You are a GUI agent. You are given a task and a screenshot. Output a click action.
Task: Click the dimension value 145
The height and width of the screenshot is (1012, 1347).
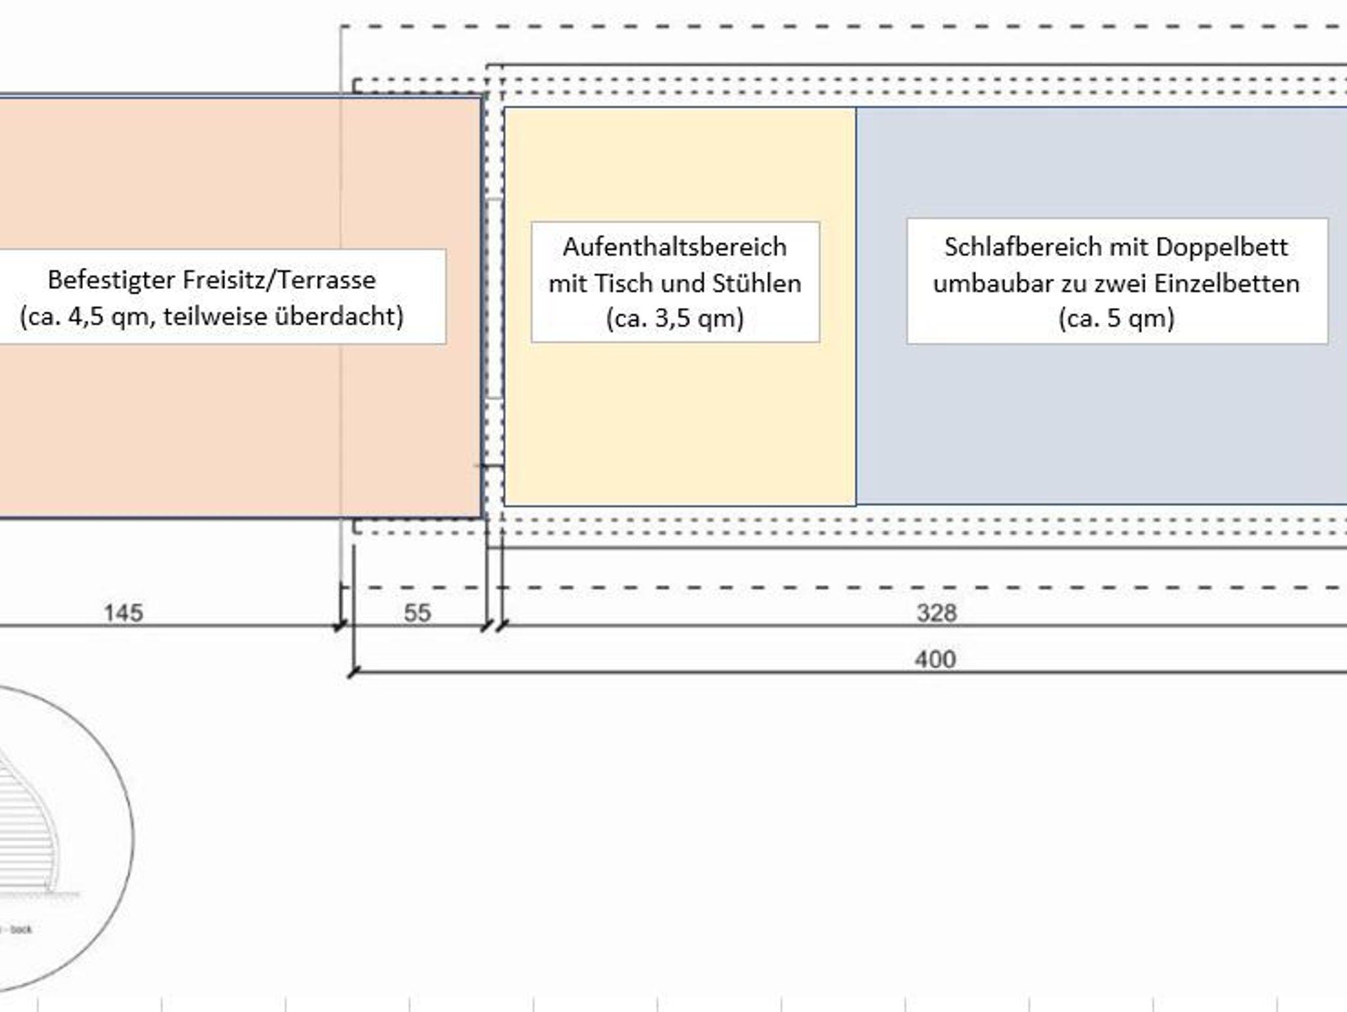124,613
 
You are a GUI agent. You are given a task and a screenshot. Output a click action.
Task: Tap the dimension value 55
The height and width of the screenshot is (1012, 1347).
417,613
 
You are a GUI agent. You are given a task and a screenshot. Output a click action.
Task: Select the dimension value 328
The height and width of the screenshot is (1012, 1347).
936,613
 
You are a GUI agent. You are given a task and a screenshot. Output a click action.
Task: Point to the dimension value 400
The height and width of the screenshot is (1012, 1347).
935,659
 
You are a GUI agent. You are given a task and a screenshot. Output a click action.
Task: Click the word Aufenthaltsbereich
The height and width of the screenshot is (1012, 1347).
675,247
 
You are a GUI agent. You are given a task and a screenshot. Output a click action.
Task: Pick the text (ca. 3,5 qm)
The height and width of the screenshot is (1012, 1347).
675,318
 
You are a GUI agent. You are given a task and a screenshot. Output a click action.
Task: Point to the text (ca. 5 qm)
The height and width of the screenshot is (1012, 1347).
1116,318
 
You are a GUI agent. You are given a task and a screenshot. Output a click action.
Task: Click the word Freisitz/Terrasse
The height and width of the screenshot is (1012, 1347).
279,280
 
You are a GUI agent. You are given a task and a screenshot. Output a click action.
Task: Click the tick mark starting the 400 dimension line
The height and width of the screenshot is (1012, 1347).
354,672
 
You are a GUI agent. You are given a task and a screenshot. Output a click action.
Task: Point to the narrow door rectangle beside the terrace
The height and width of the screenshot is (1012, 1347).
493,298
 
